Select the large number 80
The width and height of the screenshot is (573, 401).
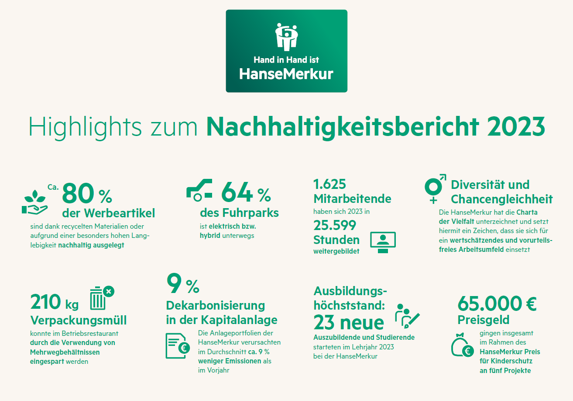click(79, 194)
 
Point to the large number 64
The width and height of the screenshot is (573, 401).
click(237, 192)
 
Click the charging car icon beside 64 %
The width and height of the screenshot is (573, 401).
click(199, 190)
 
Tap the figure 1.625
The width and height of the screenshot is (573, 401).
click(330, 184)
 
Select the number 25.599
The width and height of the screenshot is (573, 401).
click(335, 225)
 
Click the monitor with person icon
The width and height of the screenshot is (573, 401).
click(383, 242)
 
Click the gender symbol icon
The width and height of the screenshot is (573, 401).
click(435, 188)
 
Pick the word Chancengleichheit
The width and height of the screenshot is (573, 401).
click(502, 199)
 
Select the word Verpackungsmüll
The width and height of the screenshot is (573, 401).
click(79, 320)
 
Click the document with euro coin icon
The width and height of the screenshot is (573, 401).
click(178, 345)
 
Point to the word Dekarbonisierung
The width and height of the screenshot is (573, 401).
click(216, 305)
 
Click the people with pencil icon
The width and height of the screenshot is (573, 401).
click(407, 316)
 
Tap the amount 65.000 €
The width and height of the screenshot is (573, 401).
click(497, 303)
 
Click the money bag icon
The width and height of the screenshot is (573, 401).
click(463, 346)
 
